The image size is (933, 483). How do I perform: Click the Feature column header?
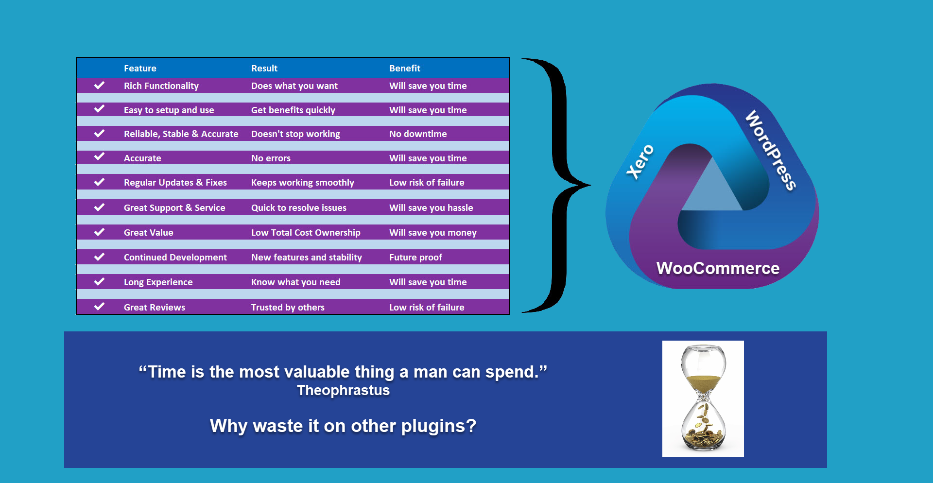[x=140, y=69]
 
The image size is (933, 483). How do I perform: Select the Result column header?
[x=264, y=69]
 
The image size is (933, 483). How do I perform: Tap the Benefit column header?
[x=405, y=69]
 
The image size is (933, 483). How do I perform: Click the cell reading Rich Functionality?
[x=161, y=86]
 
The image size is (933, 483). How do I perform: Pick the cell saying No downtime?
[x=418, y=134]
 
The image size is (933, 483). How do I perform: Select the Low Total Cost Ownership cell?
[x=306, y=233]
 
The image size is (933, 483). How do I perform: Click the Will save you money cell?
[x=433, y=233]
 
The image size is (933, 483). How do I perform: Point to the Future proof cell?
[x=415, y=258]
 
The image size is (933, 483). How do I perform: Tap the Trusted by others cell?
[x=288, y=308]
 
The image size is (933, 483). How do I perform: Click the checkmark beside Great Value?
[x=99, y=232]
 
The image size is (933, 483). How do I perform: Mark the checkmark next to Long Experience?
[x=99, y=282]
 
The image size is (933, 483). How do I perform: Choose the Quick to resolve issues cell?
[x=299, y=208]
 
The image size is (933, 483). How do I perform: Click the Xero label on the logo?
[x=640, y=162]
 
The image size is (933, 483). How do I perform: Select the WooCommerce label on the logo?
[x=718, y=268]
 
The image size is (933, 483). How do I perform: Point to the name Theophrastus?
[x=344, y=390]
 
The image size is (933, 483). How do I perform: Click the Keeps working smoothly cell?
[x=303, y=183]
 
